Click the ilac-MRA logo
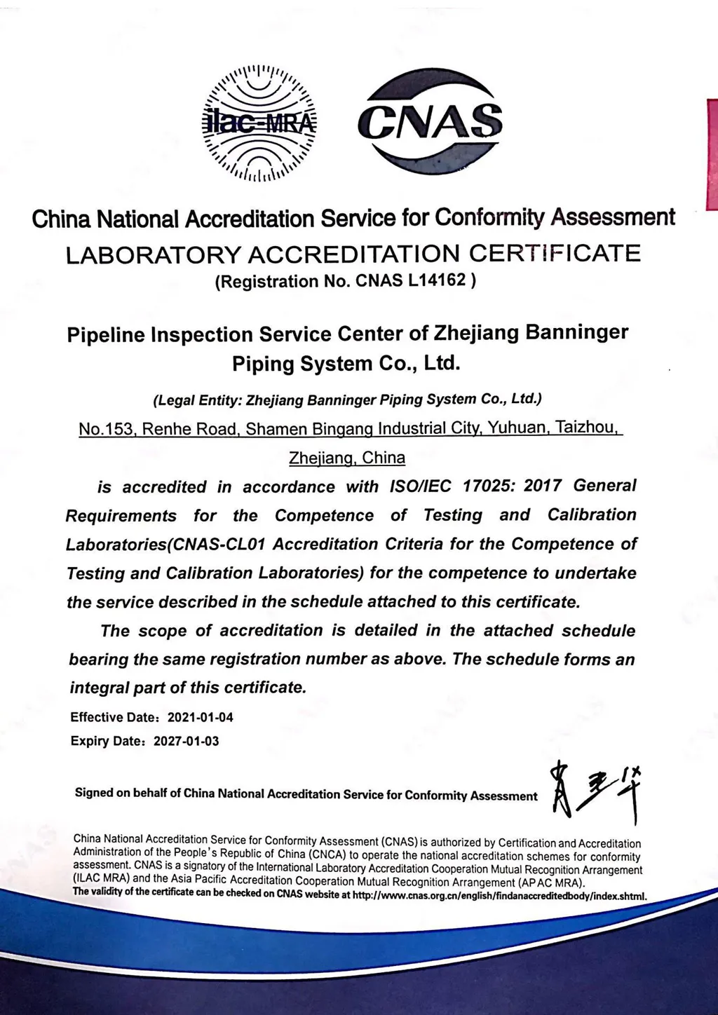(x=259, y=122)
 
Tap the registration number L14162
(x=432, y=281)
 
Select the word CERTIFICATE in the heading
(x=555, y=252)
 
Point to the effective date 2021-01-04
(x=201, y=717)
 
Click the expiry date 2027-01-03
(x=187, y=741)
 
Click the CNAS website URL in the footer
(x=499, y=895)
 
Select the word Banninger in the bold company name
(x=577, y=332)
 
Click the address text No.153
(x=107, y=428)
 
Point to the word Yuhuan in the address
(x=517, y=427)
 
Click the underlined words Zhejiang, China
(x=347, y=458)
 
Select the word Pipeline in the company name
(x=106, y=334)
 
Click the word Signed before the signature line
(x=94, y=793)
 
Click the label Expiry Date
(x=108, y=741)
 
